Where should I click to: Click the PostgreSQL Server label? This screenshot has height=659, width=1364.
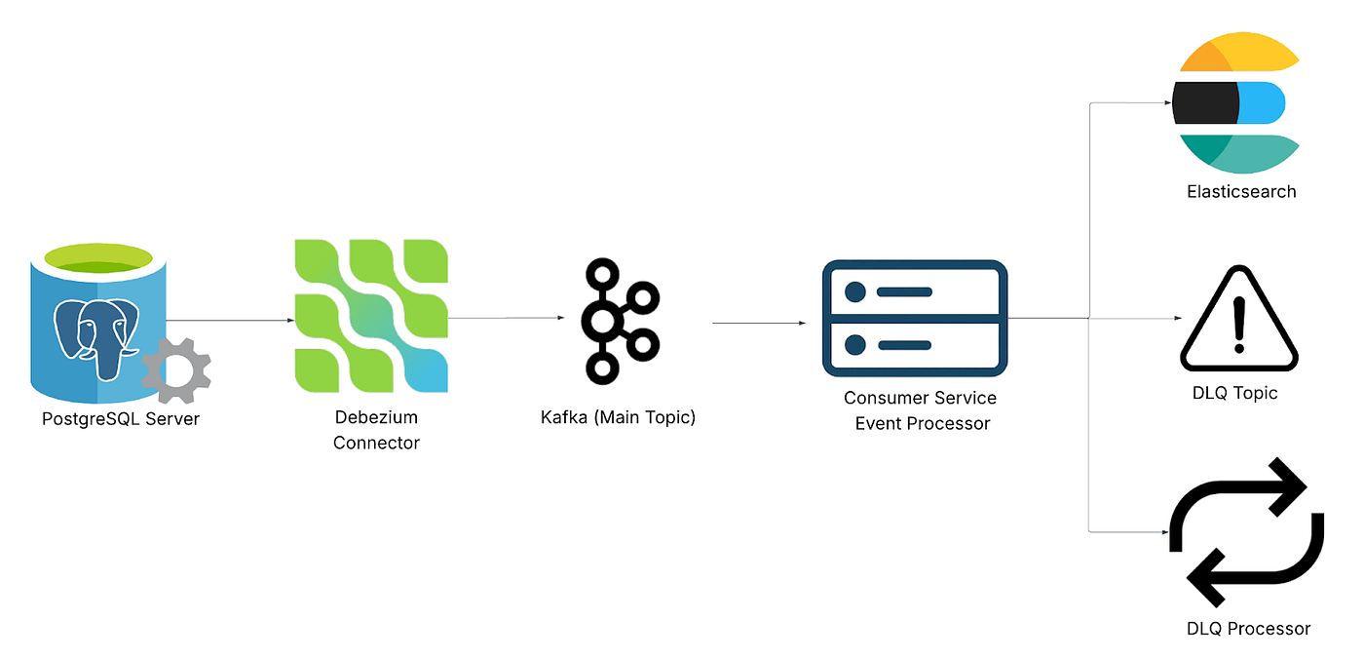coord(121,419)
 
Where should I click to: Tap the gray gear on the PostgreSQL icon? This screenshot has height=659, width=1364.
coord(176,370)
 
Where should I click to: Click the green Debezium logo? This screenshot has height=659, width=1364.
coord(371,315)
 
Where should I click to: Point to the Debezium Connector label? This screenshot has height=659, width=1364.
coord(376,430)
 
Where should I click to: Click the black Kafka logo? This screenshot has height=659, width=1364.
coord(620,320)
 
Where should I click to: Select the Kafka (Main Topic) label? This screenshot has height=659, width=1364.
coord(618,418)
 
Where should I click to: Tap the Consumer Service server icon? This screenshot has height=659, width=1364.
coord(915,318)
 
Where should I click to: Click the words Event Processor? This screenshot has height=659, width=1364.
coord(922,423)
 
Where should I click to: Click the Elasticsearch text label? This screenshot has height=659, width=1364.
coord(1241,192)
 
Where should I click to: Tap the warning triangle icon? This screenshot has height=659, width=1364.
coord(1239,321)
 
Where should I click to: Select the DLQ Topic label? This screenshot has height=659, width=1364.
coord(1234,394)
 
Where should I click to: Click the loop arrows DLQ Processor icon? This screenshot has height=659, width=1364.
coord(1246,532)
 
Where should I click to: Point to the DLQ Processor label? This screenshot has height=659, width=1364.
coord(1248,629)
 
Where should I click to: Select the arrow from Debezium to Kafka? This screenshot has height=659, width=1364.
coord(505,318)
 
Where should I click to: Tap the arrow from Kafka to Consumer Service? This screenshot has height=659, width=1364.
coord(758,323)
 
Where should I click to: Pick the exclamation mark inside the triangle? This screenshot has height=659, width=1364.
coord(1239,323)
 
